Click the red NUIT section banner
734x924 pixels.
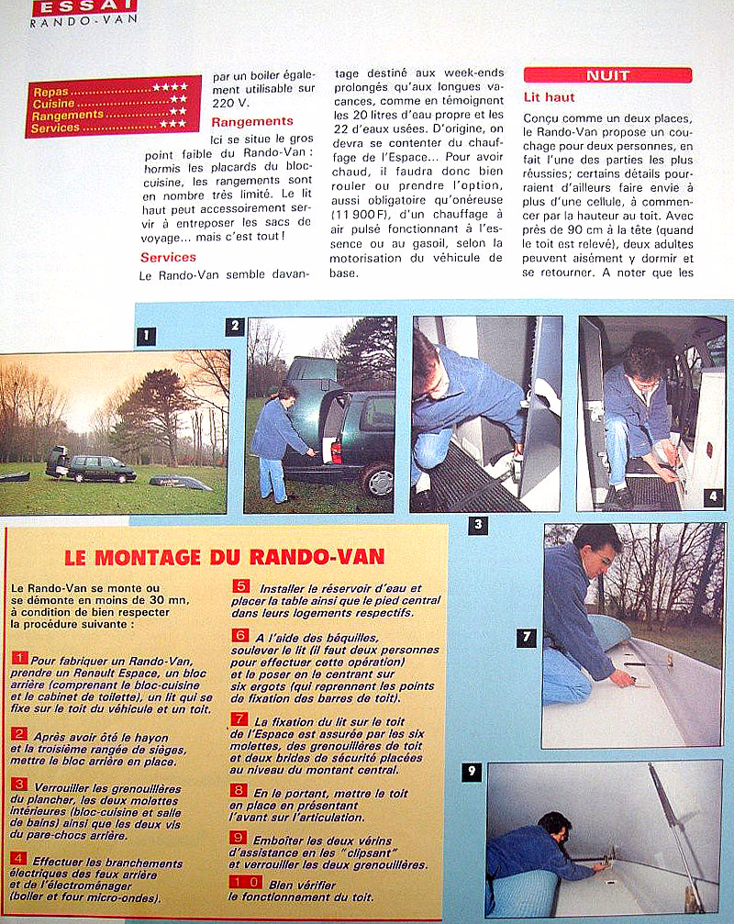(607, 75)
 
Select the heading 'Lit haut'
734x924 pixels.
(550, 97)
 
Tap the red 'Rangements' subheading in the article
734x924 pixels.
(251, 121)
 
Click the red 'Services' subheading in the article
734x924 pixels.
(168, 258)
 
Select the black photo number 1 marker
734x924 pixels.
(146, 336)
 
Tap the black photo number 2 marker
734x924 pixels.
(235, 326)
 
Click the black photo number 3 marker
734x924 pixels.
(477, 526)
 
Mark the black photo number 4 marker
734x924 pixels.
(715, 497)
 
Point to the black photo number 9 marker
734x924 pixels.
(471, 772)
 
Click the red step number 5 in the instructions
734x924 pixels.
(240, 587)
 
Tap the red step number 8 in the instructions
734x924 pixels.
(239, 790)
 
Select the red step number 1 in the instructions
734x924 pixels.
(20, 659)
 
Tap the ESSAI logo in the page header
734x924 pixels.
(72, 6)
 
